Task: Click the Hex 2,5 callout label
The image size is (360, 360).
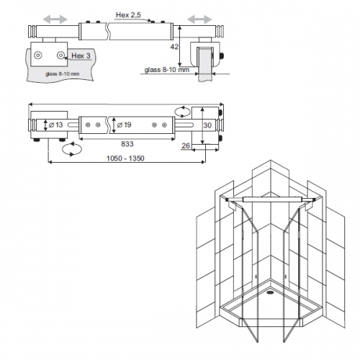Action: tap(128, 15)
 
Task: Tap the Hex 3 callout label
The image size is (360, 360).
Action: tap(81, 56)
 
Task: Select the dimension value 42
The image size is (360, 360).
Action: tap(174, 47)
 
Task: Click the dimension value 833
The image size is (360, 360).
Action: tap(127, 144)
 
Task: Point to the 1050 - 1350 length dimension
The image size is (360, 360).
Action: tap(125, 158)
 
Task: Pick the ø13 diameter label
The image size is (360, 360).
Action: tap(55, 125)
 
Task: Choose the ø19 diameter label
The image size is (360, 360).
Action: tap(124, 125)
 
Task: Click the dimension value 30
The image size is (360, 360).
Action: tap(207, 125)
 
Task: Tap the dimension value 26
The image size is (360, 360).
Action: tap(186, 145)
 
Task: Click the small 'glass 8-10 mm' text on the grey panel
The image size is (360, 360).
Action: tap(62, 74)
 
